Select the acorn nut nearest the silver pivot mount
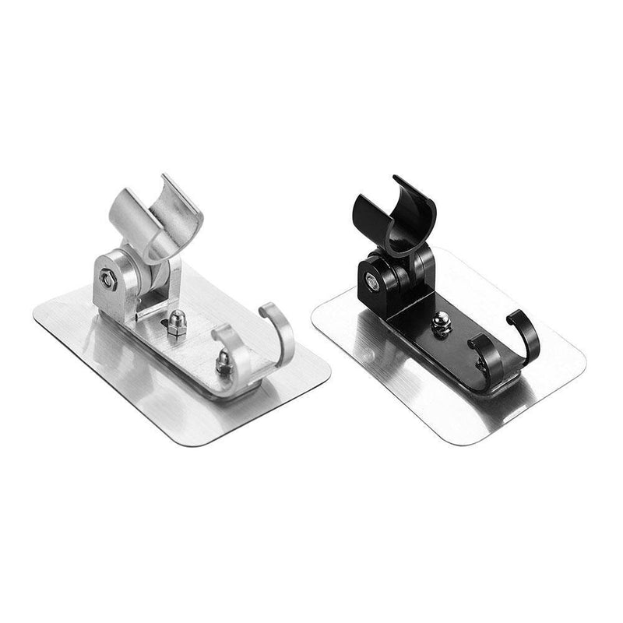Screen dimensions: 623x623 (177, 323)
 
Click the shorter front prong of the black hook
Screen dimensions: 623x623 (479, 349)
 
